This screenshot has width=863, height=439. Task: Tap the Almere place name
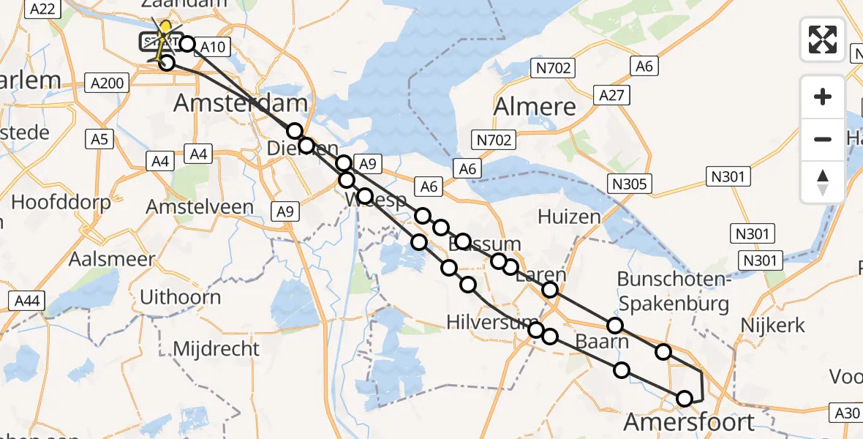[535, 107]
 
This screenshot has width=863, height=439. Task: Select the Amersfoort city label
[689, 422]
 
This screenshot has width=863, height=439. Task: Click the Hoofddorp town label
[61, 202]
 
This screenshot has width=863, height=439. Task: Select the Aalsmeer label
[112, 259]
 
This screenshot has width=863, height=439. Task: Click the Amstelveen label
[200, 207]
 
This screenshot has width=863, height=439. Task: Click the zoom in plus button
[823, 97]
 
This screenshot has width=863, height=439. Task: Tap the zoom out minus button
[823, 139]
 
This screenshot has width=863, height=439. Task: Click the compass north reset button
[823, 181]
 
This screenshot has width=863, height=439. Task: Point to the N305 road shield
[630, 184]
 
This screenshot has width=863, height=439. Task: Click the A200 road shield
[105, 83]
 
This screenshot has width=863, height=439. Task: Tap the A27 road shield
[611, 95]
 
